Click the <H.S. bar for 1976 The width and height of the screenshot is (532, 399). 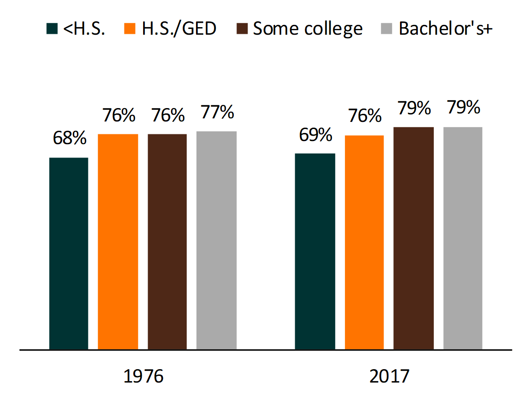coord(68,254)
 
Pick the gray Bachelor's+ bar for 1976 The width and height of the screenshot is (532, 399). coord(216,240)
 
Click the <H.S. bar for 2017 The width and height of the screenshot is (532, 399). coord(315,251)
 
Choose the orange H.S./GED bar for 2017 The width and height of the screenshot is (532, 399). coord(364,242)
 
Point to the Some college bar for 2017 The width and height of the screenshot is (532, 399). coord(413,238)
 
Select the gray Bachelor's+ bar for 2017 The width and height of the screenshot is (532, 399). coord(463,238)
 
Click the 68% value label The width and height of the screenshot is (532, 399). coord(69,138)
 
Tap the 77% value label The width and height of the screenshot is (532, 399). coord(217,112)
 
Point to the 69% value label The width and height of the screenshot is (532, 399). coord(316,135)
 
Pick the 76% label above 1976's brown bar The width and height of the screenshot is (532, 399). coord(168,115)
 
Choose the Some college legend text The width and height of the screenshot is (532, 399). coord(308,29)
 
